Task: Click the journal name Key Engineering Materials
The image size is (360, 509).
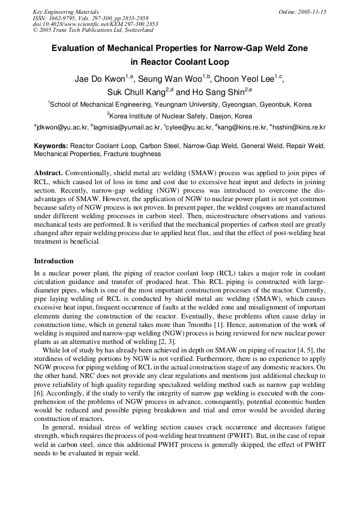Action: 66,12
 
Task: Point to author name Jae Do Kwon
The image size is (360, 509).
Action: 99,80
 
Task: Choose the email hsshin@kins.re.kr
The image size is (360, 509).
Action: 299,127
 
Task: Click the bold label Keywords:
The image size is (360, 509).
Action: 51,145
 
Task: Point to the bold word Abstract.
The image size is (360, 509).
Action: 48,174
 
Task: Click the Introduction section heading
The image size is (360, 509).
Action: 54,261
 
